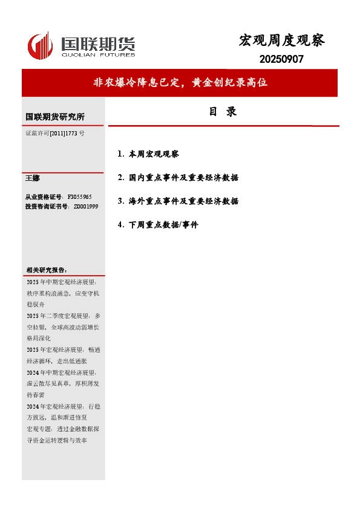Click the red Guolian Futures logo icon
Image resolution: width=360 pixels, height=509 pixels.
[x=41, y=46]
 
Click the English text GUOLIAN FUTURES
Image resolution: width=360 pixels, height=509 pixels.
[x=98, y=54]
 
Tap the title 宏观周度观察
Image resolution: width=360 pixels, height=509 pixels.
[x=282, y=41]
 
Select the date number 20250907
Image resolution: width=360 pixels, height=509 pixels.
[x=281, y=59]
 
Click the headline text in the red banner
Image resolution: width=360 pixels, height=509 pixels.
[x=180, y=83]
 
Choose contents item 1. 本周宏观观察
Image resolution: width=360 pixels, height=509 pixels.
[x=149, y=154]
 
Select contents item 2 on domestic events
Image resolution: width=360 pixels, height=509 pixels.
[x=178, y=178]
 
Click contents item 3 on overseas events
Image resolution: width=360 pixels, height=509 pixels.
[x=178, y=201]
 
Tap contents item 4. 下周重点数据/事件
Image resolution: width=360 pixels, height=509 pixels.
[x=159, y=224]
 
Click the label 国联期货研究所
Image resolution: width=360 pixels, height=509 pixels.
[x=55, y=117]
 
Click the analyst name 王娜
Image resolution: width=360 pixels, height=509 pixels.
[x=32, y=178]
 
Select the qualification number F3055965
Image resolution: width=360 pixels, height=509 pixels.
[x=79, y=197]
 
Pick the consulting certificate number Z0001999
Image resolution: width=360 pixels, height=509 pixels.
[x=85, y=207]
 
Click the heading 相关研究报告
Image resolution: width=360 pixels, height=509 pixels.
[x=47, y=270]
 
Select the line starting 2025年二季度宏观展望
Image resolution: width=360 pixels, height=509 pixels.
[x=64, y=316]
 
